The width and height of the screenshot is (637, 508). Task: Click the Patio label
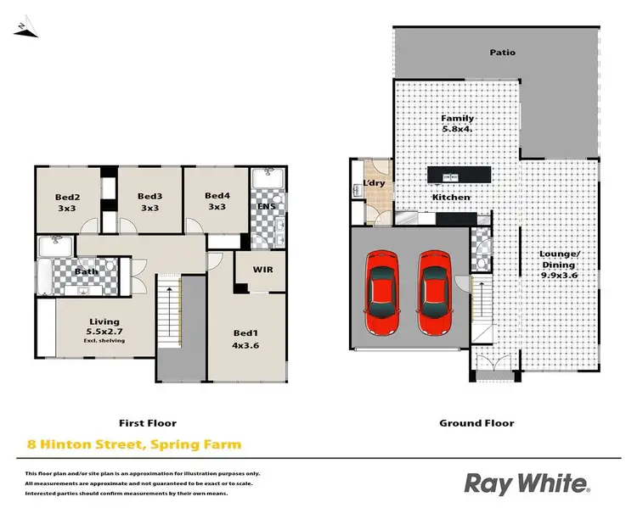pos(502,53)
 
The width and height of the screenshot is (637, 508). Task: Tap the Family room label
pos(458,124)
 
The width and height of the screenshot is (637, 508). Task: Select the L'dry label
pos(375,184)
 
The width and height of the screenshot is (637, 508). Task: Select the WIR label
pos(262,270)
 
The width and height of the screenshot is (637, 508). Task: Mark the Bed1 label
pos(245,338)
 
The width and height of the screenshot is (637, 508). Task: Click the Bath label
pos(85,272)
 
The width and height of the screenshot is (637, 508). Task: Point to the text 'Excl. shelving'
pos(104,341)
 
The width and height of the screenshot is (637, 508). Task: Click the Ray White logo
pos(527,483)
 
